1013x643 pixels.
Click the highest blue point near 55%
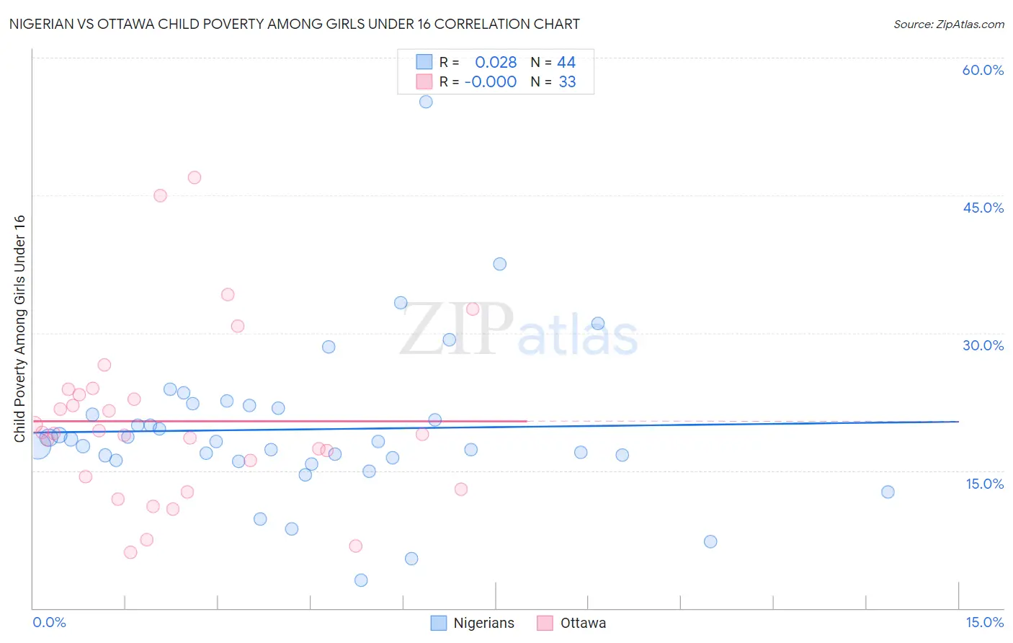click(x=426, y=102)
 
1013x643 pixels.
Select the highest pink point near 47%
click(x=194, y=177)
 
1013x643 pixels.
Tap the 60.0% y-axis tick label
click(x=983, y=70)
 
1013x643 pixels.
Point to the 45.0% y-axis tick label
click(x=983, y=208)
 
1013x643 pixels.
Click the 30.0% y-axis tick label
click(x=983, y=345)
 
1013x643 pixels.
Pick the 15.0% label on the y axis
click(x=984, y=484)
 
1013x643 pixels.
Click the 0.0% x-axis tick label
click(x=49, y=622)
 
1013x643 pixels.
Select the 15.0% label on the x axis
click(x=984, y=622)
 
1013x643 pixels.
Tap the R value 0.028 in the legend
click(x=496, y=63)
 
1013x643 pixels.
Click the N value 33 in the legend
click(x=567, y=82)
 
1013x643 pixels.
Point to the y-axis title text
click(x=19, y=328)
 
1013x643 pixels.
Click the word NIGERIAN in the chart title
click(x=45, y=24)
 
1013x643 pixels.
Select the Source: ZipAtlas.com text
click(x=948, y=24)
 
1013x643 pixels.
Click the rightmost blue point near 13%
click(x=888, y=492)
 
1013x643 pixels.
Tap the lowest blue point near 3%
click(x=361, y=580)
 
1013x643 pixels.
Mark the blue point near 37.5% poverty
click(x=499, y=264)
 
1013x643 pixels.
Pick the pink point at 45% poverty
click(x=160, y=195)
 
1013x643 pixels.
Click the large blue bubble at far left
click(x=37, y=447)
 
